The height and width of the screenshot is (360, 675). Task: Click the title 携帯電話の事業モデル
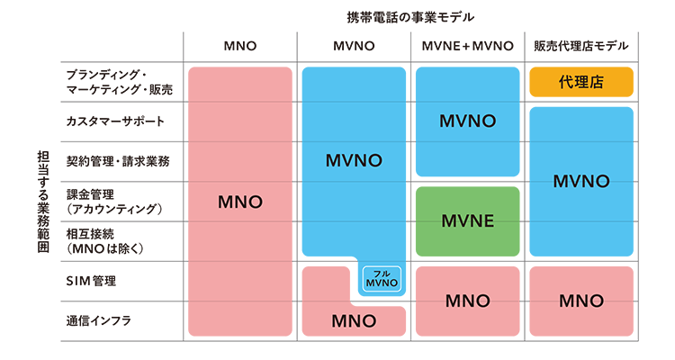coord(409,17)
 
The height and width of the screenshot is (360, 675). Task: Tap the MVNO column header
coord(353,46)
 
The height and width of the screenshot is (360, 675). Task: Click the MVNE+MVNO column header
coord(467,46)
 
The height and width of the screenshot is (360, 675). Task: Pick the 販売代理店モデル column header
coord(580,46)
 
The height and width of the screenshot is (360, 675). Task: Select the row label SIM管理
coord(91,281)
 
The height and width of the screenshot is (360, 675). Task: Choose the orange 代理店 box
coord(581,82)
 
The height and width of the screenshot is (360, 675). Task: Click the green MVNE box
coord(467,220)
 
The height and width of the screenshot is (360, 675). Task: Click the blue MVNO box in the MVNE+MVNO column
coord(467,121)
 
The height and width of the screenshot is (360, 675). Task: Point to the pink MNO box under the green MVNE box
coord(467,300)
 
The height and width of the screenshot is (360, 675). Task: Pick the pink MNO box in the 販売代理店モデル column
coord(581,300)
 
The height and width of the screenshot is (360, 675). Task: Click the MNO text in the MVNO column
coord(353,320)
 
